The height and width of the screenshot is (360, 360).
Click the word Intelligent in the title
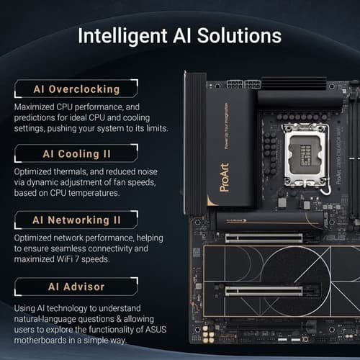[x=122, y=36]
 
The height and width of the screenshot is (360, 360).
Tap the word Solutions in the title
[x=239, y=35]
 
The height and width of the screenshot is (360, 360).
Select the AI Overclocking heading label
[x=76, y=89]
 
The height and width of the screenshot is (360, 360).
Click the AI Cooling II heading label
[x=76, y=154]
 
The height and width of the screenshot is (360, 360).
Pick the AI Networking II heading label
[x=76, y=220]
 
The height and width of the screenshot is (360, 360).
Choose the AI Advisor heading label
[x=76, y=287]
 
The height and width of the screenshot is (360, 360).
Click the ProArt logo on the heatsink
[x=225, y=177]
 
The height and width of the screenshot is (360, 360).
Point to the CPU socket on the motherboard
[x=305, y=156]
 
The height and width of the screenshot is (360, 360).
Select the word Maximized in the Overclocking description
[x=34, y=107]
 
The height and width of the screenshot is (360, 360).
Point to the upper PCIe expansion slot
[x=264, y=238]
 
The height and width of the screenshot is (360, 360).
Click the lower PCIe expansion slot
[x=264, y=291]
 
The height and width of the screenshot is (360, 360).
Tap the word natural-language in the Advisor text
[x=45, y=319]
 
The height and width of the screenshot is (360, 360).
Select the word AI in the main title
[x=182, y=36]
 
